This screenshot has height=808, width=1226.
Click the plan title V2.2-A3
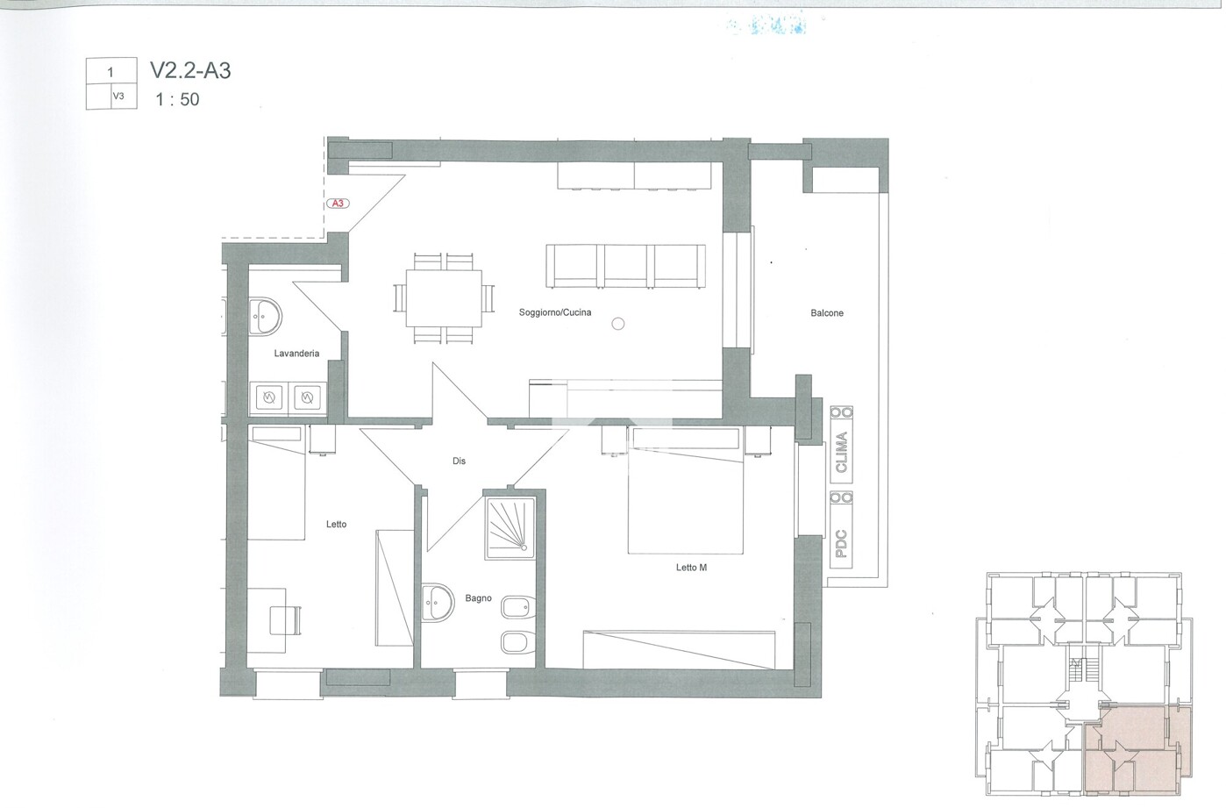tap(190, 70)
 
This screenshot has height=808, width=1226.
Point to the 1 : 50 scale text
tap(177, 100)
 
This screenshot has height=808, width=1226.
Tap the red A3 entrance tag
tap(338, 203)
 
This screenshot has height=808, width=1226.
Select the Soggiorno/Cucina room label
tap(555, 312)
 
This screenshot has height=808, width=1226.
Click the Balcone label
tap(826, 313)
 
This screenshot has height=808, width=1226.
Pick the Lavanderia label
tap(296, 354)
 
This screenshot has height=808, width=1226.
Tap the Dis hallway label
tap(459, 461)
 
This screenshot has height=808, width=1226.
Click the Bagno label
tap(478, 598)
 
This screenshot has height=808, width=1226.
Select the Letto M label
tap(691, 568)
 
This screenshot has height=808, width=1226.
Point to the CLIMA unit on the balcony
tap(841, 445)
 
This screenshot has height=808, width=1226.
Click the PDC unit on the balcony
tap(841, 529)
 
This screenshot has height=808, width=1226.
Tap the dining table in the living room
tap(444, 298)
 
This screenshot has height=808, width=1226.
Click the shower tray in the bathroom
tap(510, 528)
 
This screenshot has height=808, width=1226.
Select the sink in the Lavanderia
tap(265, 316)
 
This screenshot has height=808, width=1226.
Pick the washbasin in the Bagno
tap(438, 603)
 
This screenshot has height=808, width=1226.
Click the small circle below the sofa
tap(618, 324)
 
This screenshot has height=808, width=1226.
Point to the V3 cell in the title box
tap(118, 97)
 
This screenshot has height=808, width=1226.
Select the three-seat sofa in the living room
tap(625, 266)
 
